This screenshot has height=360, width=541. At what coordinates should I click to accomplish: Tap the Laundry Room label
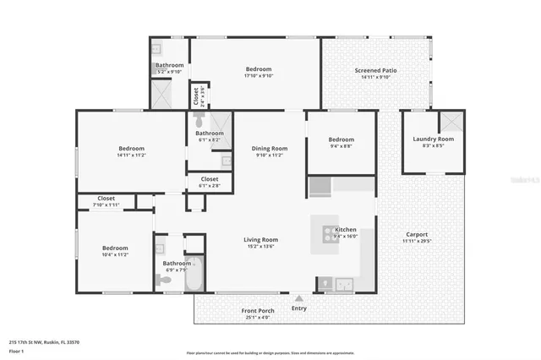pyautogui.click(x=433, y=139)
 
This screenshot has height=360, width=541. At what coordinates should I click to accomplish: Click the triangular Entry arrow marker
pyautogui.click(x=298, y=297)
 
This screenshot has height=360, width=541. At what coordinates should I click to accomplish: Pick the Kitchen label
pyautogui.click(x=347, y=230)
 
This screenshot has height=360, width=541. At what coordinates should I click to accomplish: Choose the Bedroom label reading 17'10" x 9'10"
pyautogui.click(x=259, y=69)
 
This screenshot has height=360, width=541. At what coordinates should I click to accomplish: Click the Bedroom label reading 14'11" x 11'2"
pyautogui.click(x=131, y=149)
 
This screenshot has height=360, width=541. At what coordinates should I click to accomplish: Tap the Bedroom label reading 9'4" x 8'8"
pyautogui.click(x=341, y=139)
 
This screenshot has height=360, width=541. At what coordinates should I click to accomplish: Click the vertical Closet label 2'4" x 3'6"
pyautogui.click(x=196, y=95)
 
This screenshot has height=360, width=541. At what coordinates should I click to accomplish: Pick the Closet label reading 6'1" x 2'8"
pyautogui.click(x=209, y=179)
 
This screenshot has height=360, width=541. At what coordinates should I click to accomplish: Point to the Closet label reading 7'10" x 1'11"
pyautogui.click(x=106, y=199)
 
